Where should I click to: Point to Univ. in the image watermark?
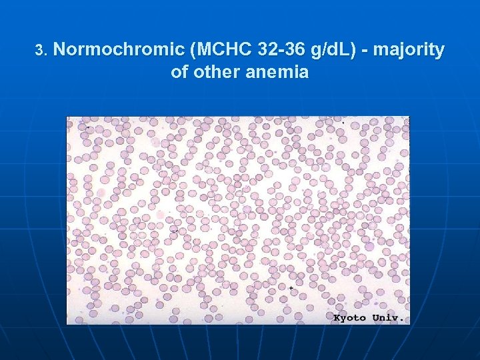pyautogui.click(x=388, y=318)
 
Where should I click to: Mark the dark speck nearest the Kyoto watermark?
pyautogui.click(x=291, y=288)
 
